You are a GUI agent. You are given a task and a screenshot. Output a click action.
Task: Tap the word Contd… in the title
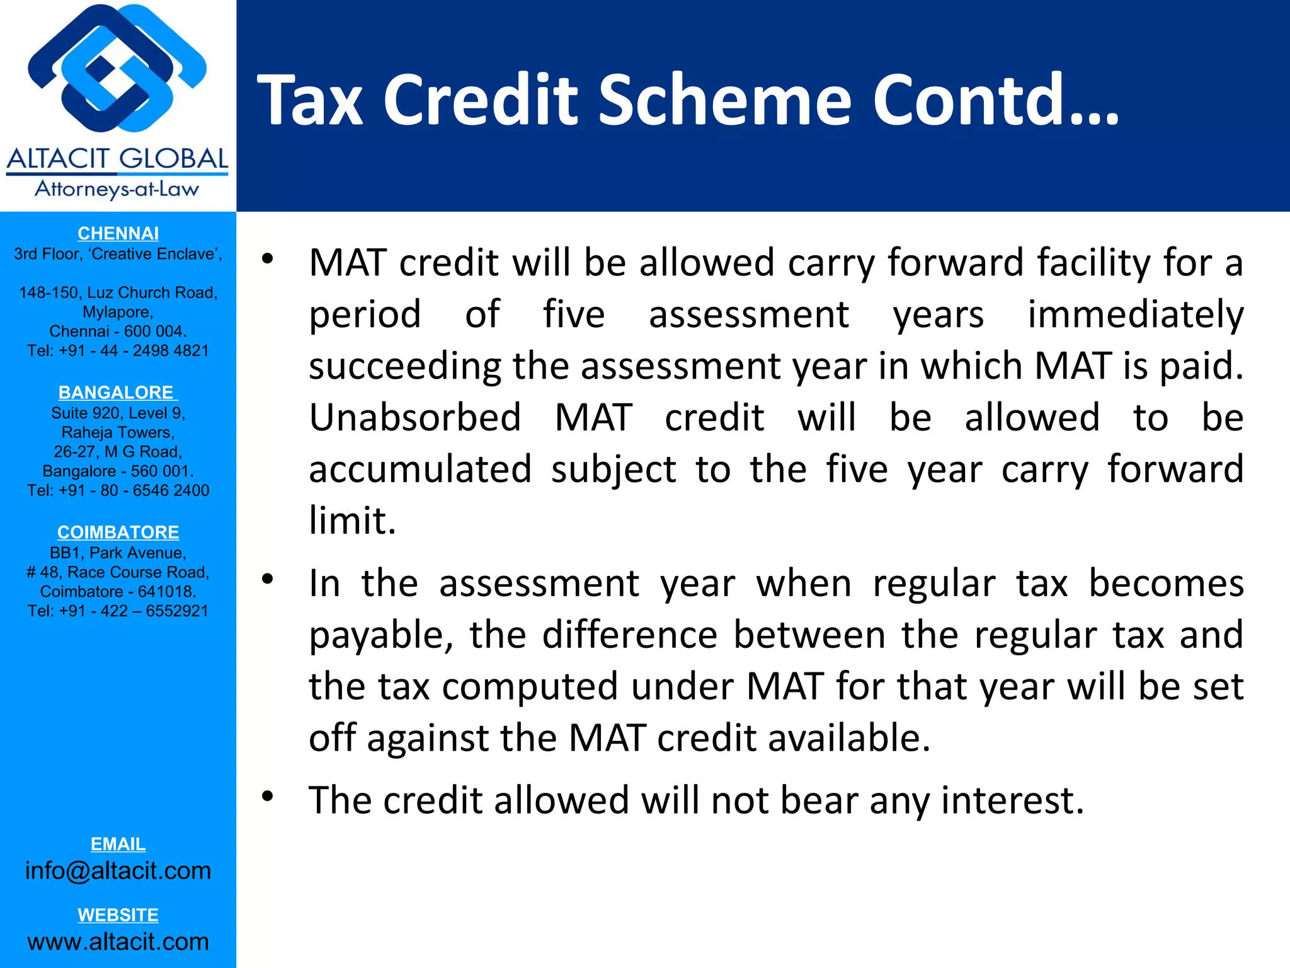click(995, 100)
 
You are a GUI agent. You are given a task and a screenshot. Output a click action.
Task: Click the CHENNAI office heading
click(118, 233)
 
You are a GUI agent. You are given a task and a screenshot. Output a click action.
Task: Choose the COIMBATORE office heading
click(118, 532)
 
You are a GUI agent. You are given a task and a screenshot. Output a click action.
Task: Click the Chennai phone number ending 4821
click(118, 350)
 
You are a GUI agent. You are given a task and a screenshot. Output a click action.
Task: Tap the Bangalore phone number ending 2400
click(118, 490)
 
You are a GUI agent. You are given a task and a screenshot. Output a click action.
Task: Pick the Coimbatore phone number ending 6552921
click(118, 611)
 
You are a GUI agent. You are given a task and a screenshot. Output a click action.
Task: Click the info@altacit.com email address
click(118, 870)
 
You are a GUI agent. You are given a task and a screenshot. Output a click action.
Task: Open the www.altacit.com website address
click(118, 942)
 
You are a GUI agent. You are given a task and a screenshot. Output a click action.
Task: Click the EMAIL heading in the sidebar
click(118, 844)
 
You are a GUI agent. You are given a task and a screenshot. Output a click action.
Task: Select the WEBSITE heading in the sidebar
click(118, 914)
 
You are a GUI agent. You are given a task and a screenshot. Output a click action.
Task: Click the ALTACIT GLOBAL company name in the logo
click(118, 159)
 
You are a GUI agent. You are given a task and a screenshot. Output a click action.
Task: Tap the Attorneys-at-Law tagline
click(117, 189)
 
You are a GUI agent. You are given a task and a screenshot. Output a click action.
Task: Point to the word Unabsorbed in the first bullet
click(415, 418)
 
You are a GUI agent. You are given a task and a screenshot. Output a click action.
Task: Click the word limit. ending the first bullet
click(352, 521)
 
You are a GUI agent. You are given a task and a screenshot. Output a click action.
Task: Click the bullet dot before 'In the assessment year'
click(268, 579)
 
